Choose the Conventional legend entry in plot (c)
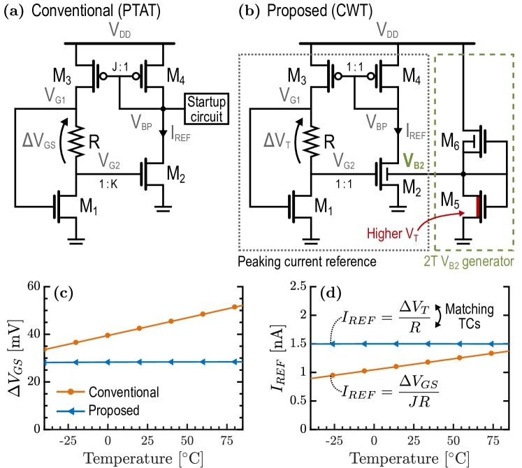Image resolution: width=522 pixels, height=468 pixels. [117, 393]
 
